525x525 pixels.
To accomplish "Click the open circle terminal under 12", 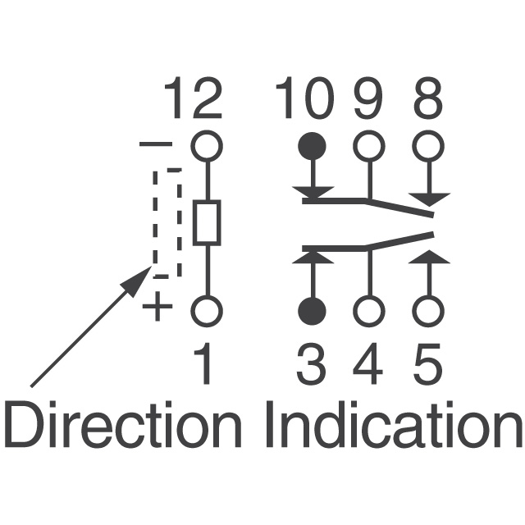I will click(x=207, y=146).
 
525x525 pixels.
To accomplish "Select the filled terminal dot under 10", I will click(x=312, y=146).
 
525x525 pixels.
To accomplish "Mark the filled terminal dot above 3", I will click(x=312, y=312).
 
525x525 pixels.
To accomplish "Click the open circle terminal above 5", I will click(x=427, y=312).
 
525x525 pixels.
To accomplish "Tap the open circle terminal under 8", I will click(x=427, y=146).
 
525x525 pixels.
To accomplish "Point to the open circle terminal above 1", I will click(x=207, y=312).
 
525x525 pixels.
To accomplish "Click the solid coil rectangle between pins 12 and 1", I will click(x=207, y=223).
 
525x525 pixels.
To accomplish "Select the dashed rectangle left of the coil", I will click(x=167, y=223).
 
